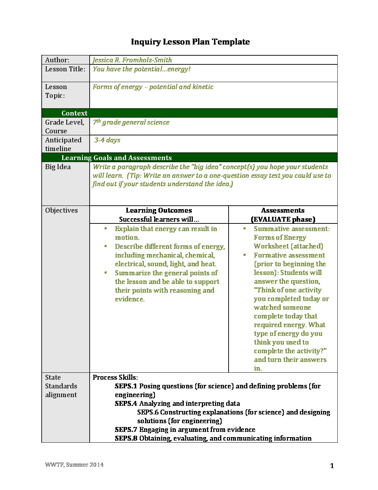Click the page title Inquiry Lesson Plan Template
click(190, 42)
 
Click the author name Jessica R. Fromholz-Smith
click(132, 60)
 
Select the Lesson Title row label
click(65, 69)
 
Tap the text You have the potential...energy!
click(141, 69)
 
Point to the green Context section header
click(74, 113)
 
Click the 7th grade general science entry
click(131, 122)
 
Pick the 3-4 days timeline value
click(107, 140)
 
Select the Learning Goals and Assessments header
click(116, 158)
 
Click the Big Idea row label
click(58, 167)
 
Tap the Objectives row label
click(61, 210)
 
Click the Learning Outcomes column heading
click(159, 210)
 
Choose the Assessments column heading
click(283, 210)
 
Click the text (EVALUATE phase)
click(283, 219)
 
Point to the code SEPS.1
click(126, 386)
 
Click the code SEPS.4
click(126, 403)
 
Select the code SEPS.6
click(148, 412)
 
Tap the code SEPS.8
click(126, 438)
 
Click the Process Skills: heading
click(115, 377)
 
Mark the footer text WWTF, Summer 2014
click(74, 465)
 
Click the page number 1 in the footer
click(332, 466)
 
